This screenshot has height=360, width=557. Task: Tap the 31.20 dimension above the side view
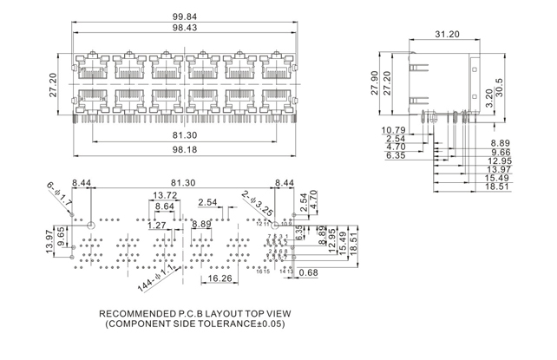(446, 35)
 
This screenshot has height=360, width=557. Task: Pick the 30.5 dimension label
(509, 88)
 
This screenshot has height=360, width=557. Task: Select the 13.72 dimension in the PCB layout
(166, 195)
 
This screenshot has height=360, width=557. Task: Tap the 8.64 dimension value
(164, 206)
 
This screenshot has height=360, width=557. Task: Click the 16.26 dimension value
(221, 279)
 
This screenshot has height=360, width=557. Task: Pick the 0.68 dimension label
(307, 273)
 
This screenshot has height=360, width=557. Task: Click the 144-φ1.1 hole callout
(156, 279)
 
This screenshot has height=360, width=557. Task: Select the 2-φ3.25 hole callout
(258, 203)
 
